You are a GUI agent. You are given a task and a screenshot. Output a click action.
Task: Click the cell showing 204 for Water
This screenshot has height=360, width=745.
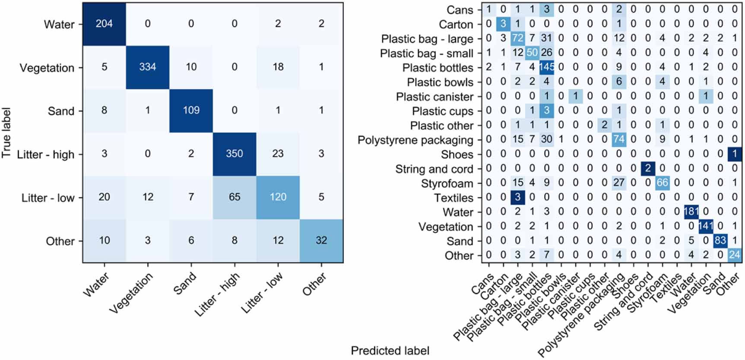[x=104, y=24]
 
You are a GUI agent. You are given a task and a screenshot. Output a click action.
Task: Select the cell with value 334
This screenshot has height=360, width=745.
[x=148, y=67]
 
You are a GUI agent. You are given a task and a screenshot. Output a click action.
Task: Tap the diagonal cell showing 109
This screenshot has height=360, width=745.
[x=191, y=111]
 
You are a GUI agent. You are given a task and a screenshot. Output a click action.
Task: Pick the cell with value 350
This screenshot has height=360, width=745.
[x=235, y=154]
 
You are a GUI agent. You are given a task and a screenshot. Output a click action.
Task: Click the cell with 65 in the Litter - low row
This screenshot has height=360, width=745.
[x=235, y=197]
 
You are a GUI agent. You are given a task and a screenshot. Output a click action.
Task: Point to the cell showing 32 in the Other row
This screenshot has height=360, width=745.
[x=321, y=240]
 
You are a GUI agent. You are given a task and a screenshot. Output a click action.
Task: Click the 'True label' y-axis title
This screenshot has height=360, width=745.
[x=6, y=133]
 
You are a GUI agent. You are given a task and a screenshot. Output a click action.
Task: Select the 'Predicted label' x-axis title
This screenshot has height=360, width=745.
[x=390, y=351]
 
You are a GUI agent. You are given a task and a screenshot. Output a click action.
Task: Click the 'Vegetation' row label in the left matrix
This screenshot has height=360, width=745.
[x=47, y=68]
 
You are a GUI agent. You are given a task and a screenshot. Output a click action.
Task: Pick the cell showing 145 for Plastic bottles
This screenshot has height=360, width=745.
[x=547, y=68]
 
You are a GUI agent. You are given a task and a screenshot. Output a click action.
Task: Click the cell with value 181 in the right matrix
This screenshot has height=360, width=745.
[x=691, y=212]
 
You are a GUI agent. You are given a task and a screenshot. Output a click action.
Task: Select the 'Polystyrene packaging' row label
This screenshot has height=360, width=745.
[x=415, y=140]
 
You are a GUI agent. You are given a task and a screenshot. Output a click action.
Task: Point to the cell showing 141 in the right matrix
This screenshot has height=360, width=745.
[x=706, y=227]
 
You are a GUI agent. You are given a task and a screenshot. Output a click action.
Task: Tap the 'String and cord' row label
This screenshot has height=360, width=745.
[x=434, y=169]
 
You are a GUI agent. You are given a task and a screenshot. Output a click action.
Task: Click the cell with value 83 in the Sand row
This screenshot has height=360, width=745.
[x=720, y=241]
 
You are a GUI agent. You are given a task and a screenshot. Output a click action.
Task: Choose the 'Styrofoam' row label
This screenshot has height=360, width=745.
[x=447, y=183]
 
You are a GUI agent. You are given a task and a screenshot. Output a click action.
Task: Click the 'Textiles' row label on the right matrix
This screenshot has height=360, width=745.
[x=453, y=198]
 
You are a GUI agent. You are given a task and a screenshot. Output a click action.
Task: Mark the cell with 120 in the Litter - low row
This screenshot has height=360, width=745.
[x=278, y=197]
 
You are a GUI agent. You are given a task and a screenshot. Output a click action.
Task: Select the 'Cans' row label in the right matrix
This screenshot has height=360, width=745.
[x=460, y=10]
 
